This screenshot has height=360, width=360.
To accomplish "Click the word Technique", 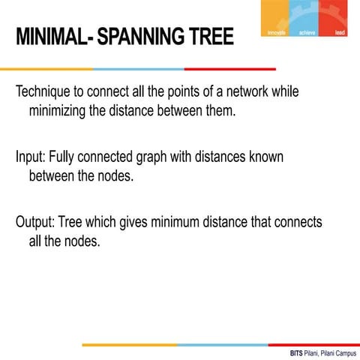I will (46, 93).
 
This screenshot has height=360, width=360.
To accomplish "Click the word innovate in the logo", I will (277, 32).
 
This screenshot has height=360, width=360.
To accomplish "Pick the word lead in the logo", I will (340, 32).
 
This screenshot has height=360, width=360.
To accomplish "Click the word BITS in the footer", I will (297, 352).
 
